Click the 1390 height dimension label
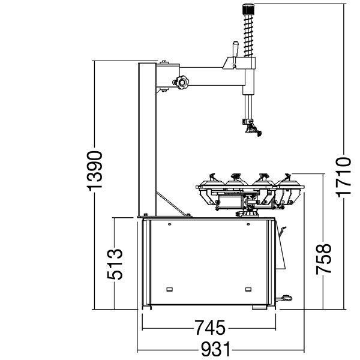click(94, 171)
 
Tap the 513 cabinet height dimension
click(115, 264)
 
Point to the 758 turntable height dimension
click(323, 259)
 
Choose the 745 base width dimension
click(210, 328)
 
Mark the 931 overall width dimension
click(216, 349)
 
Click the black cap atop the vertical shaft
click(248, 9)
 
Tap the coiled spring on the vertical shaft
click(248, 35)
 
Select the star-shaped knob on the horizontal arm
click(181, 82)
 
